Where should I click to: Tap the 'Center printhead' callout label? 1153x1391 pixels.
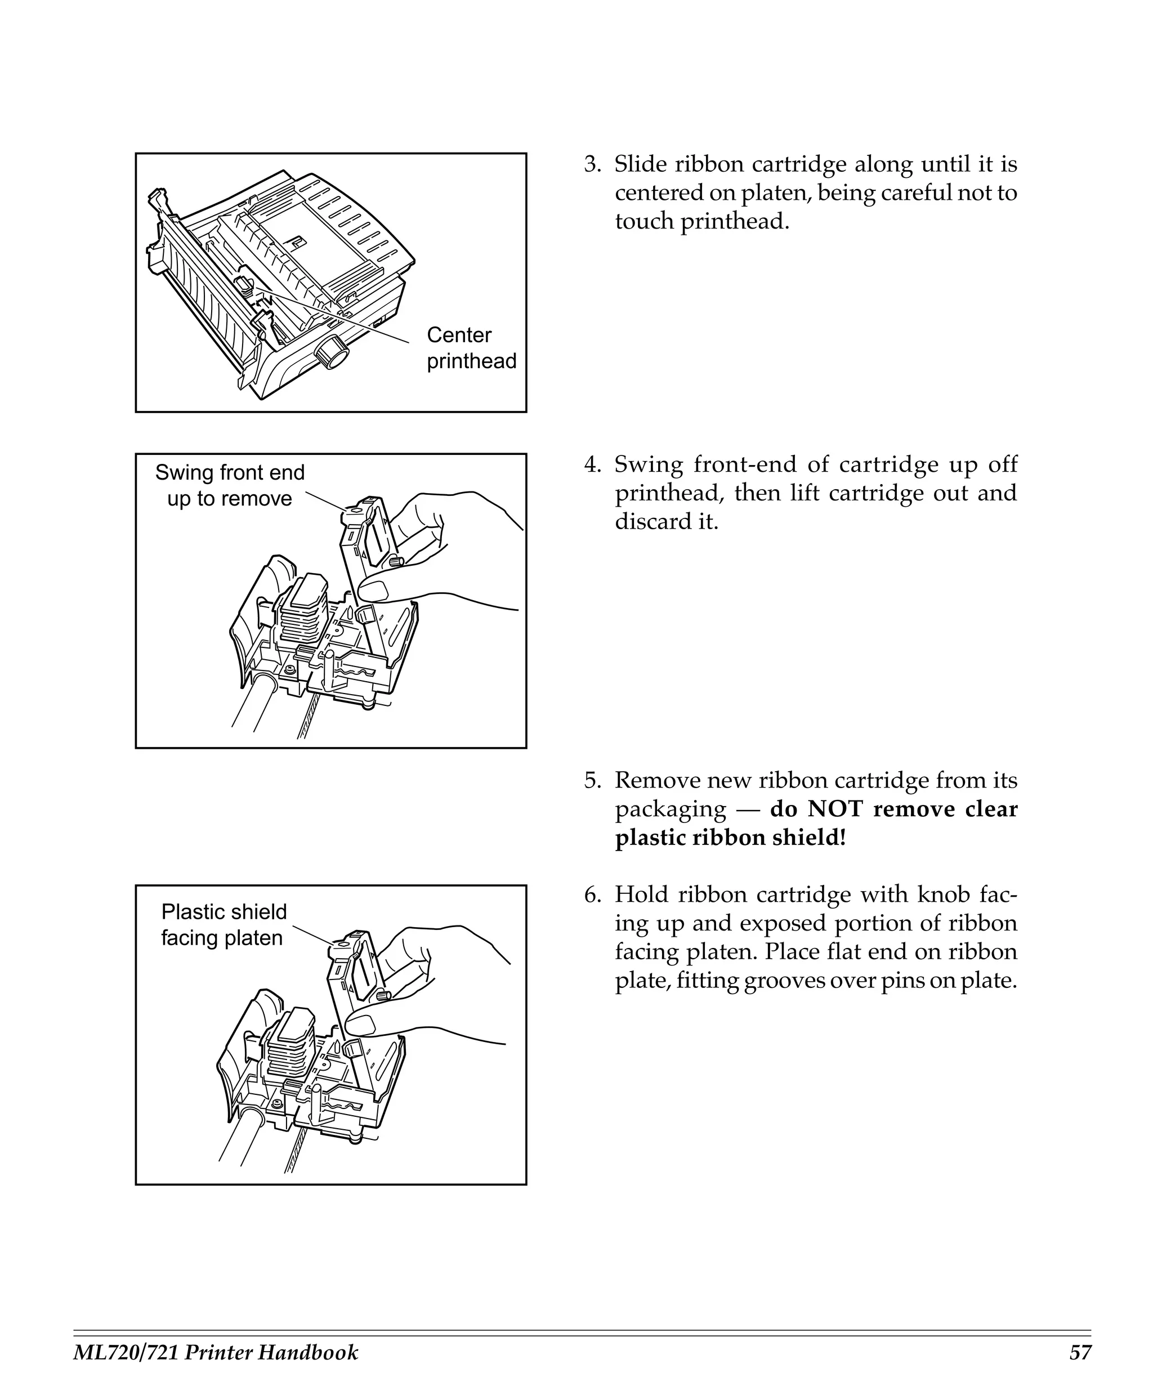pos(471,348)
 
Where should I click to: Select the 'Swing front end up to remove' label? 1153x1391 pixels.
pos(230,485)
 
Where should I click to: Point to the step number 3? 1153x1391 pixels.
pos(591,164)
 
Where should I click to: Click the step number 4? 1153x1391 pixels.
pos(591,464)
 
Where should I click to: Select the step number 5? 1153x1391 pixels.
pos(591,780)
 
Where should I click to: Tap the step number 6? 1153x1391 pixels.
pos(591,895)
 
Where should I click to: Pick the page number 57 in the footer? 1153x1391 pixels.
pos(1079,1353)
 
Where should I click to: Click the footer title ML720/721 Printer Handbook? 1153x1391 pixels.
pos(215,1353)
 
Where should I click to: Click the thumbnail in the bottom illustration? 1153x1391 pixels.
pos(361,1026)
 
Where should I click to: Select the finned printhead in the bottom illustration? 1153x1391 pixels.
pos(289,1049)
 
